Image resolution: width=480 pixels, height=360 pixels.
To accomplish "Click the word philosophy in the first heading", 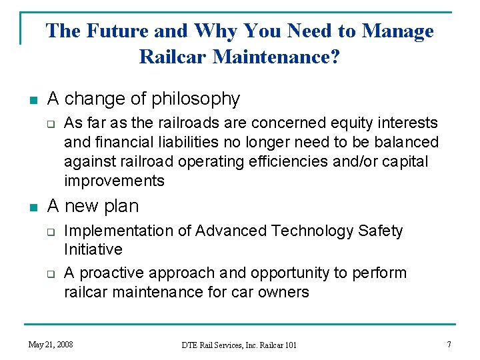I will point(195,99).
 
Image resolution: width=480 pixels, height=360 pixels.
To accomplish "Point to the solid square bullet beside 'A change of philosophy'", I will point(31,101).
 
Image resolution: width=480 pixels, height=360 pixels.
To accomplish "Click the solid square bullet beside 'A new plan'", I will point(31,207).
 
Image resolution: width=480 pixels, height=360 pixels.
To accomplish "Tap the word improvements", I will point(114,181).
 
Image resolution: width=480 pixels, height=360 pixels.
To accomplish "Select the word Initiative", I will point(93,250).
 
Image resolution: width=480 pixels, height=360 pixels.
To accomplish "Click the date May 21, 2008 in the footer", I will point(51,344).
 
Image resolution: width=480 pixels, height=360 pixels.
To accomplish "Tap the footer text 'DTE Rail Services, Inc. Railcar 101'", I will point(239,345).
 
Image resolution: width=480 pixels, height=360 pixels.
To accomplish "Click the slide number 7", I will point(449,344).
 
